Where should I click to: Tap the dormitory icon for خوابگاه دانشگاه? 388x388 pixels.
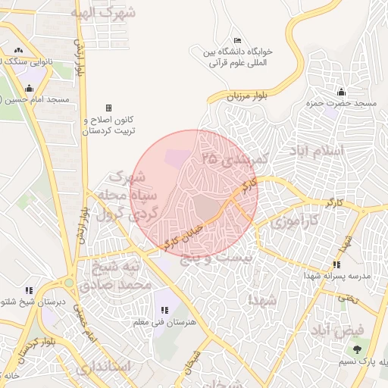pos(238,40)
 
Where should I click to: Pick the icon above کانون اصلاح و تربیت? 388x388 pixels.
pos(108,108)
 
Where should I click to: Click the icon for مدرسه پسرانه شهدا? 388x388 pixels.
pos(336,264)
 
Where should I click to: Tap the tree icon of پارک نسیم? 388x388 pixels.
pos(356,349)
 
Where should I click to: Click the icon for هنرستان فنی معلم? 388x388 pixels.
pos(164,310)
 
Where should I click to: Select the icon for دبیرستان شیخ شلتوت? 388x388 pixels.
pos(29,289)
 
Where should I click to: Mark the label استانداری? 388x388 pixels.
pos(104,367)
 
